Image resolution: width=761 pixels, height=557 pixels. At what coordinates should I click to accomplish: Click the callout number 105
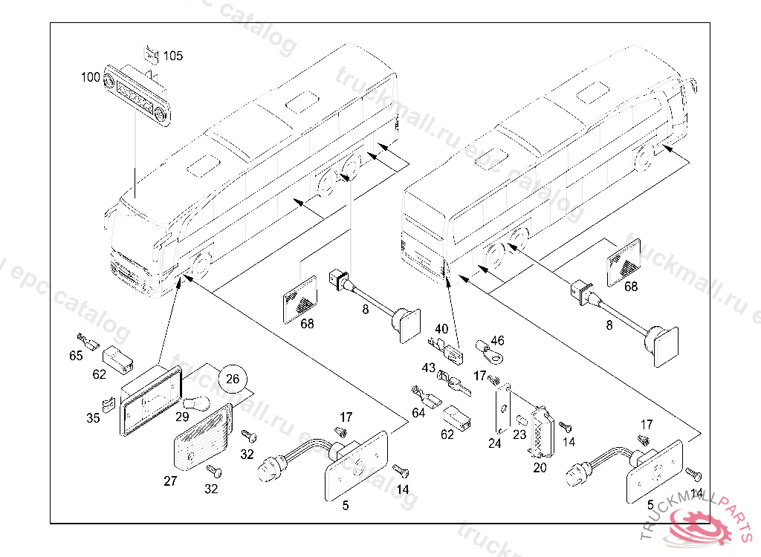(x=173, y=56)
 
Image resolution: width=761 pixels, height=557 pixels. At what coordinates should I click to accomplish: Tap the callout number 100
(x=91, y=76)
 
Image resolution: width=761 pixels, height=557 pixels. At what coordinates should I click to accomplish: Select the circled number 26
(x=233, y=379)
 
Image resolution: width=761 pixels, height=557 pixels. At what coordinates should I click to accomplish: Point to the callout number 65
(x=76, y=356)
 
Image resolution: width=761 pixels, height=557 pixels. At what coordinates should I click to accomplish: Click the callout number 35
(x=93, y=418)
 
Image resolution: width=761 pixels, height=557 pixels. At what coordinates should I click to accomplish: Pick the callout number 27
(x=170, y=481)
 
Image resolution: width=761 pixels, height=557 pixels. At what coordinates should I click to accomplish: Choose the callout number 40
(x=441, y=328)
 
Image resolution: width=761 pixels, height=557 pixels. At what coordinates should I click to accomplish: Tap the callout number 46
(x=497, y=341)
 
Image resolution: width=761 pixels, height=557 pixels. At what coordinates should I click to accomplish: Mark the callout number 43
(x=429, y=368)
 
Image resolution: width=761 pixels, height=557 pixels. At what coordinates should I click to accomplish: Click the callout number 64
(x=419, y=412)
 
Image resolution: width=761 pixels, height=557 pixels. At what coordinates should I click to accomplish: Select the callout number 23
(x=520, y=434)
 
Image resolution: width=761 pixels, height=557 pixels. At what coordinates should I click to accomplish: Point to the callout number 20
(x=540, y=468)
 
